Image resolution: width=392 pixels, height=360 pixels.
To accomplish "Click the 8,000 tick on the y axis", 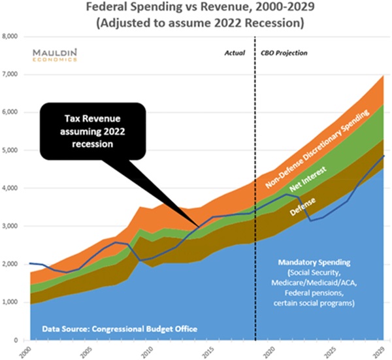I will [12, 37].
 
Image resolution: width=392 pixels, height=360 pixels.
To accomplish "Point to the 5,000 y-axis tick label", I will [12, 150].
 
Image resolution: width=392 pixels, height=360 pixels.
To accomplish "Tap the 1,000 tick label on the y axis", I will [12, 303].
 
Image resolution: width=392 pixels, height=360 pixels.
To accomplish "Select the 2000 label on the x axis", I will [25, 351].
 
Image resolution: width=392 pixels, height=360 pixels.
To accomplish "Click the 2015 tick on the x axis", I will [206, 351].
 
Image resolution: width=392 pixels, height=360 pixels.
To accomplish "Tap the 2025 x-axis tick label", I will [327, 351].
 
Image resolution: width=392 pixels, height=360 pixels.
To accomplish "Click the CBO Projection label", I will [284, 52].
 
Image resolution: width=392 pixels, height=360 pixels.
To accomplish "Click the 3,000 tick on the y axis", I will [12, 227].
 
